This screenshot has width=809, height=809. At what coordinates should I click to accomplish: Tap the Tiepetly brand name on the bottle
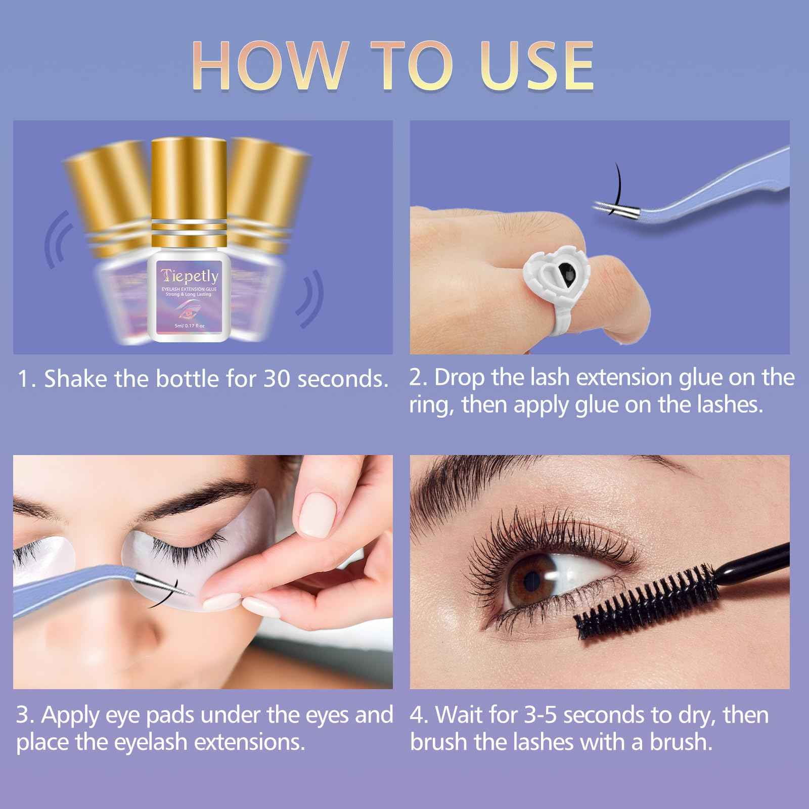click(190, 276)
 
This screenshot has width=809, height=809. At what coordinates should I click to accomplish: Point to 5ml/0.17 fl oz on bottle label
click(190, 326)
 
